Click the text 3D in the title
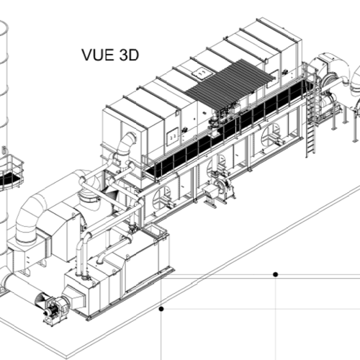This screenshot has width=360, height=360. (128, 55)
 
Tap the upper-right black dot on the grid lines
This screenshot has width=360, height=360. (276, 274)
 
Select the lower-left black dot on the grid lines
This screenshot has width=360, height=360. (161, 309)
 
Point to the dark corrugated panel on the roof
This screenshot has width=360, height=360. (230, 81)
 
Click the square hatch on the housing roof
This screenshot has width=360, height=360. (200, 73)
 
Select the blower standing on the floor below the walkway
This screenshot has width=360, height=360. (218, 189)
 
